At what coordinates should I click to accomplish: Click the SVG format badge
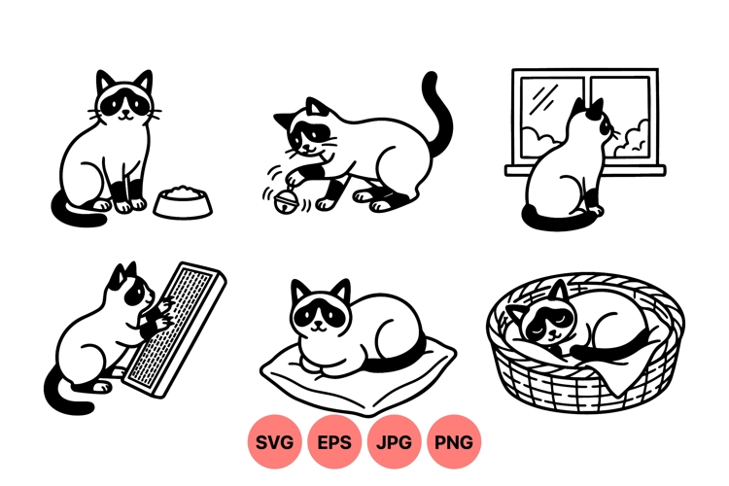click(274, 442)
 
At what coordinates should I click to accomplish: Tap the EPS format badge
click(333, 442)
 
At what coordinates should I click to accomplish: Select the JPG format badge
click(394, 442)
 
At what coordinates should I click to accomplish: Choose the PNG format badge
click(454, 442)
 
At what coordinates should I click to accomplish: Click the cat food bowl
click(183, 202)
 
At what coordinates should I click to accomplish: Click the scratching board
click(174, 330)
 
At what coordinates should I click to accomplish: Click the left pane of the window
click(551, 117)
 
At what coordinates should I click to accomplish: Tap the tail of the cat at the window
click(558, 220)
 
